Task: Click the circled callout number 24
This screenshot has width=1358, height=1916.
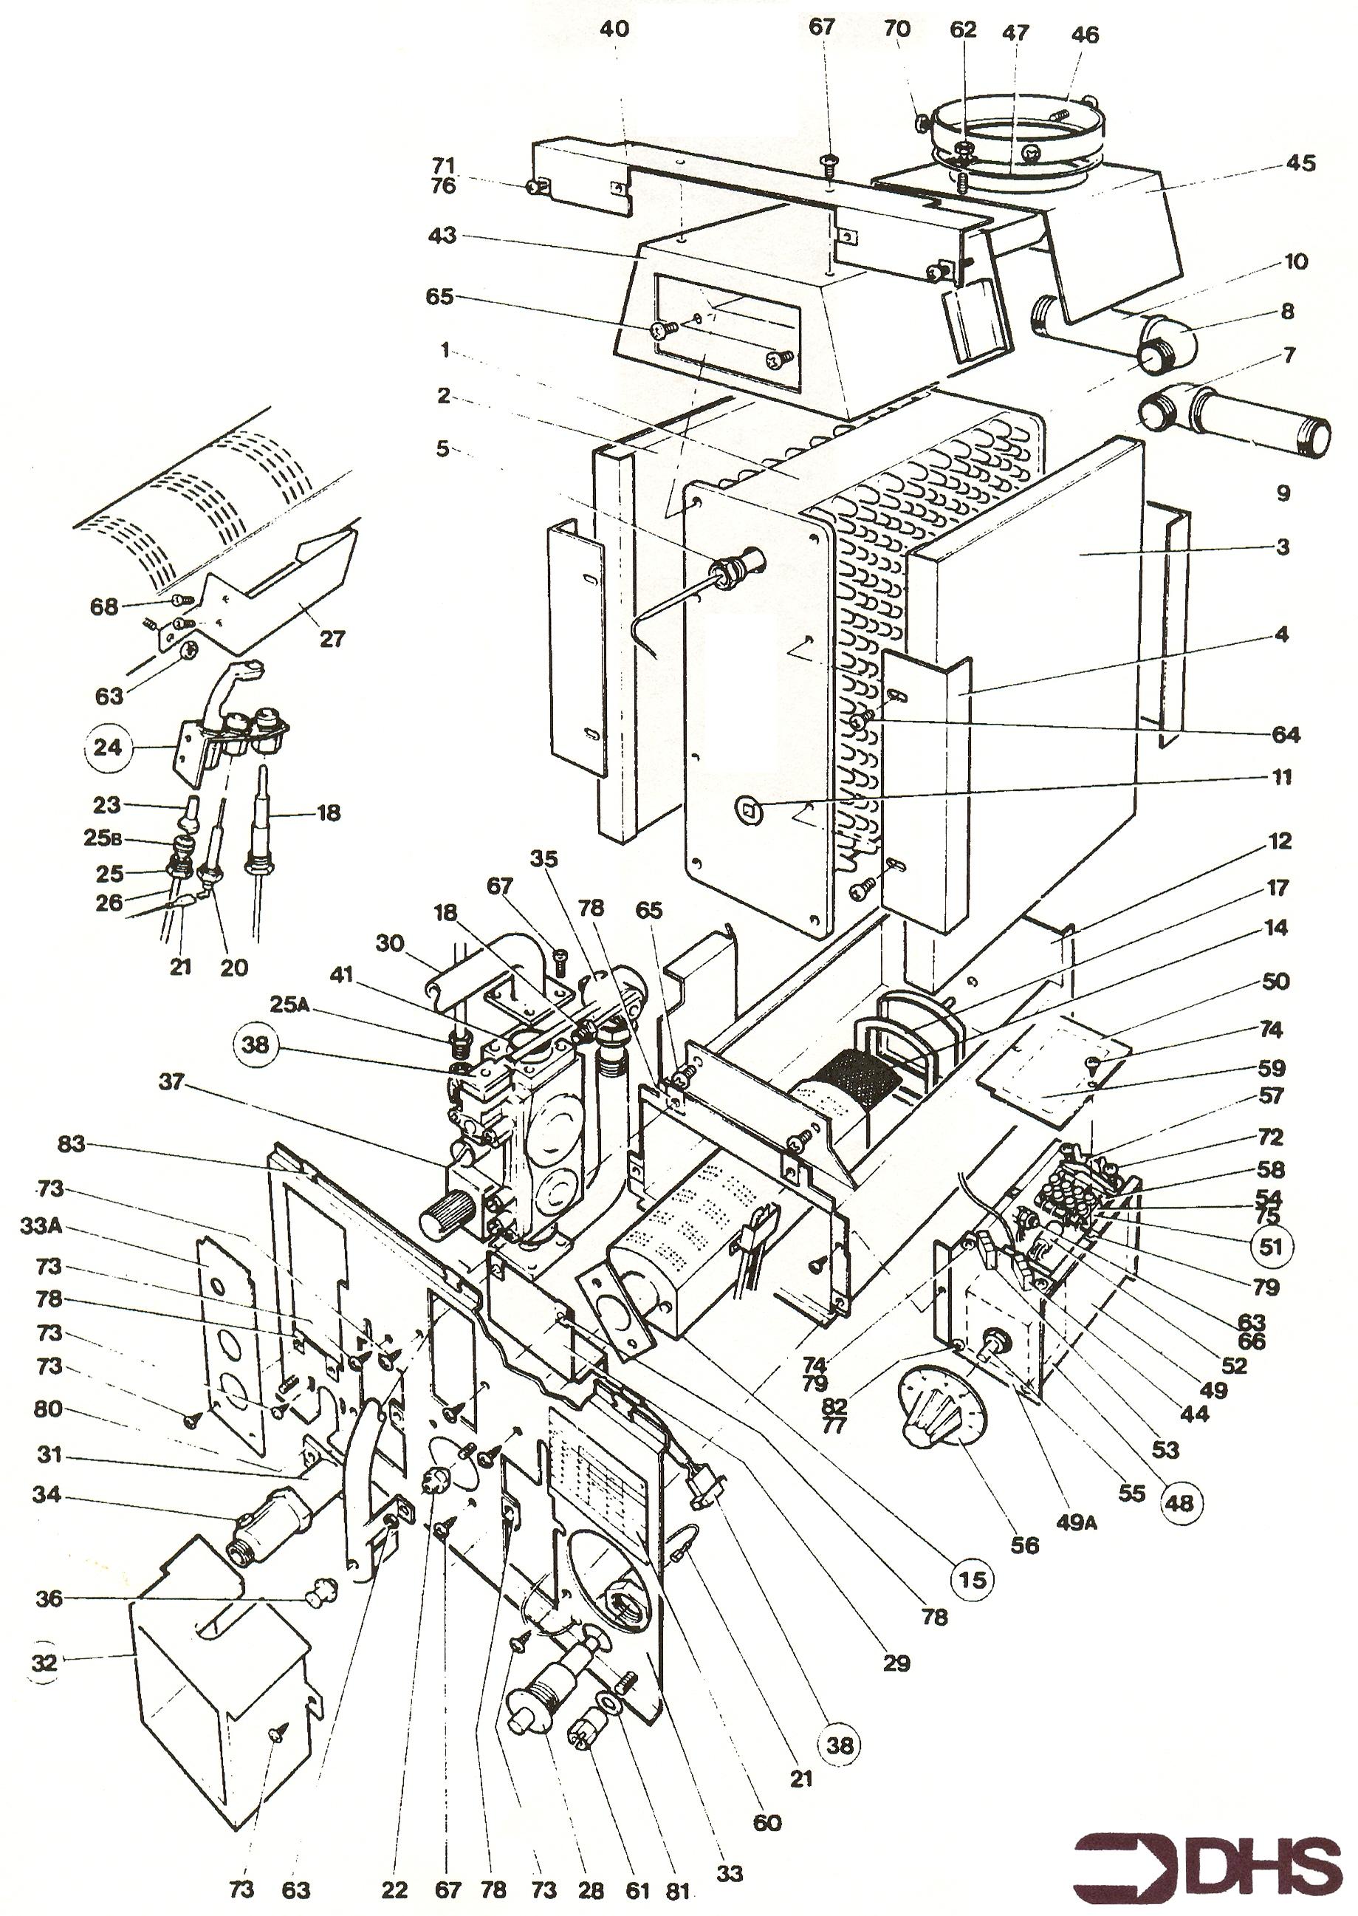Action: pyautogui.click(x=107, y=747)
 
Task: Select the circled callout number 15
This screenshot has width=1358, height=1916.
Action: pyautogui.click(x=972, y=1579)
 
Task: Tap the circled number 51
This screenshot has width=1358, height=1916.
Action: pyautogui.click(x=1270, y=1247)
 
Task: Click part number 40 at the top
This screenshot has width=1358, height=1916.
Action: pyautogui.click(x=614, y=30)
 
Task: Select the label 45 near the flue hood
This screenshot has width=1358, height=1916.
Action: pyautogui.click(x=1301, y=162)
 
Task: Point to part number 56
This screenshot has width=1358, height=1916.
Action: pyautogui.click(x=1024, y=1544)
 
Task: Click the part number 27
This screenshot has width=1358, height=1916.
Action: pyautogui.click(x=332, y=638)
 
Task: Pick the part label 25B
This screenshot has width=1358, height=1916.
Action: pyautogui.click(x=103, y=837)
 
